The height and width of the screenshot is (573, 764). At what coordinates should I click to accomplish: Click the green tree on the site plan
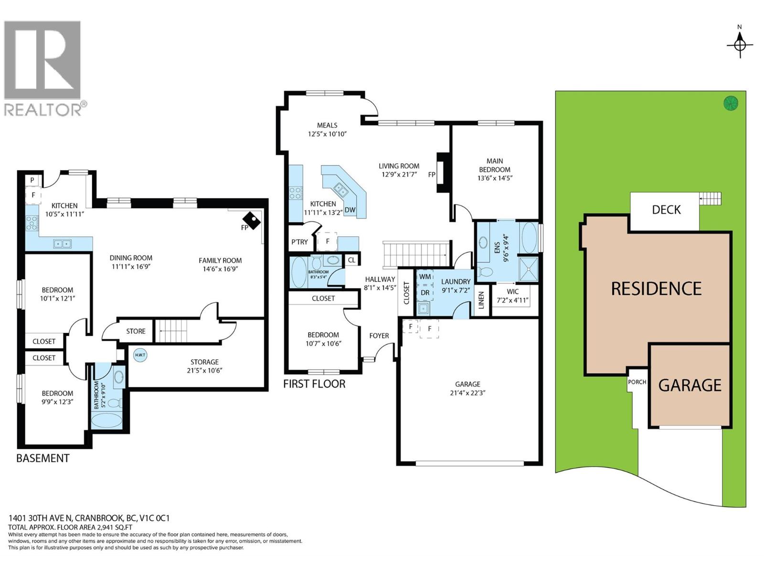(x=731, y=103)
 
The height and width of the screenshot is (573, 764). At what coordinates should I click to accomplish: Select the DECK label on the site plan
(x=666, y=210)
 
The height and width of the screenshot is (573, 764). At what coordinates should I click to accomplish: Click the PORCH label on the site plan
(x=637, y=382)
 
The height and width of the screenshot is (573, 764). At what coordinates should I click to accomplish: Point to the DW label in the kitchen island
(x=350, y=210)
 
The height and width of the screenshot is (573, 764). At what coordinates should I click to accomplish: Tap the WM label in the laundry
(x=425, y=276)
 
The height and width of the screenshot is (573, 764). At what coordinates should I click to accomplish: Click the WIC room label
(x=512, y=292)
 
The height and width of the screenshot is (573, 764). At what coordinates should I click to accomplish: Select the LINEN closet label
(x=481, y=300)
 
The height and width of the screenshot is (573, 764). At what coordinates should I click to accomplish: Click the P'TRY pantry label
(x=300, y=242)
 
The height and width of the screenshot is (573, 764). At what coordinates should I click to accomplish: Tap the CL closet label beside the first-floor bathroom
(x=351, y=260)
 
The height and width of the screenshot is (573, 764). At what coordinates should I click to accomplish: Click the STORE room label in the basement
(x=136, y=331)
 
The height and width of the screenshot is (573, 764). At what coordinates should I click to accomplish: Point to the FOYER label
(x=379, y=336)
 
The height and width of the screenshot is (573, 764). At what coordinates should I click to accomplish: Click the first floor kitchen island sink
(x=340, y=190)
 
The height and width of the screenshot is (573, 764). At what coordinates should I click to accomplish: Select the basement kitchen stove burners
(x=32, y=223)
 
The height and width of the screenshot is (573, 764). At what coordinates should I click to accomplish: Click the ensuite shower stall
(x=529, y=268)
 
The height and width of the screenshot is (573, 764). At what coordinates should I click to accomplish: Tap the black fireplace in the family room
(x=251, y=220)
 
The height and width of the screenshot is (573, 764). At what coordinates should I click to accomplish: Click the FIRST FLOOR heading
(x=314, y=384)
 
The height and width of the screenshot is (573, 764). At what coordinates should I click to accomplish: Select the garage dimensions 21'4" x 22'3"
(x=467, y=393)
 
